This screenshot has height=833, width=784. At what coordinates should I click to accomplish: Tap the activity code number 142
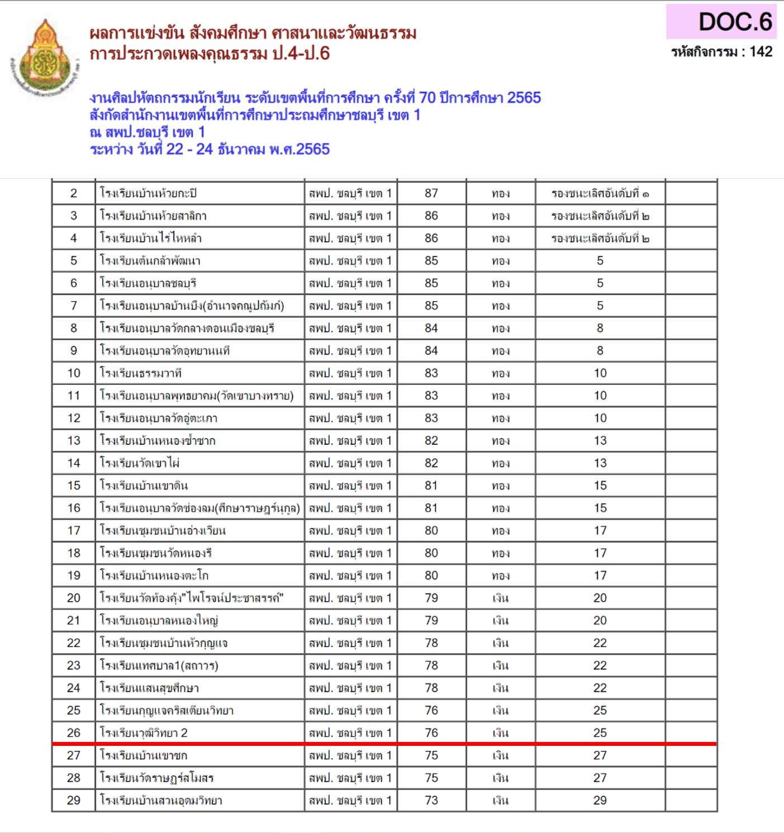761,52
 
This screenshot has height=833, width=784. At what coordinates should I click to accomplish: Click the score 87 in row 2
431,193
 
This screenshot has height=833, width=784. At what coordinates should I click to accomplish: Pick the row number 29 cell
74,800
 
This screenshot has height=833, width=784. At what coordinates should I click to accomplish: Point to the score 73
431,800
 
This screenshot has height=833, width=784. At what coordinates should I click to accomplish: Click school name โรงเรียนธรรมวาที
141,373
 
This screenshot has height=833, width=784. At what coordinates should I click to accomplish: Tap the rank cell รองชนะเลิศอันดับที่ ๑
600,194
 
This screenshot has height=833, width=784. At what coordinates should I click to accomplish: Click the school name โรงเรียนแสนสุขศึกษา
150,688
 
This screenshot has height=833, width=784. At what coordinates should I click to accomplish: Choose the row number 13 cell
74,441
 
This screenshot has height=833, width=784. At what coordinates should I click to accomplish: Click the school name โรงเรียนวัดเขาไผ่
140,463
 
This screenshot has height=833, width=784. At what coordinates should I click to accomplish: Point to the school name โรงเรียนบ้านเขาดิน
144,485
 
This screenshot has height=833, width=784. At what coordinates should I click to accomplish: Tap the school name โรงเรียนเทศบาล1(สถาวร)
159,665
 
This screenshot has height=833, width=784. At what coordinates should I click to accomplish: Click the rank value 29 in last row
600,800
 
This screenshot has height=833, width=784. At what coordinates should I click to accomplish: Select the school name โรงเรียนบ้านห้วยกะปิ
149,193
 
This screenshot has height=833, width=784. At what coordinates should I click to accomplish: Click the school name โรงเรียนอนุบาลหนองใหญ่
159,621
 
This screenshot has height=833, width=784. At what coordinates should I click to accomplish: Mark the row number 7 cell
74,306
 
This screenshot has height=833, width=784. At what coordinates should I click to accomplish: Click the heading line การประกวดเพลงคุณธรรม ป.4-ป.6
210,54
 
